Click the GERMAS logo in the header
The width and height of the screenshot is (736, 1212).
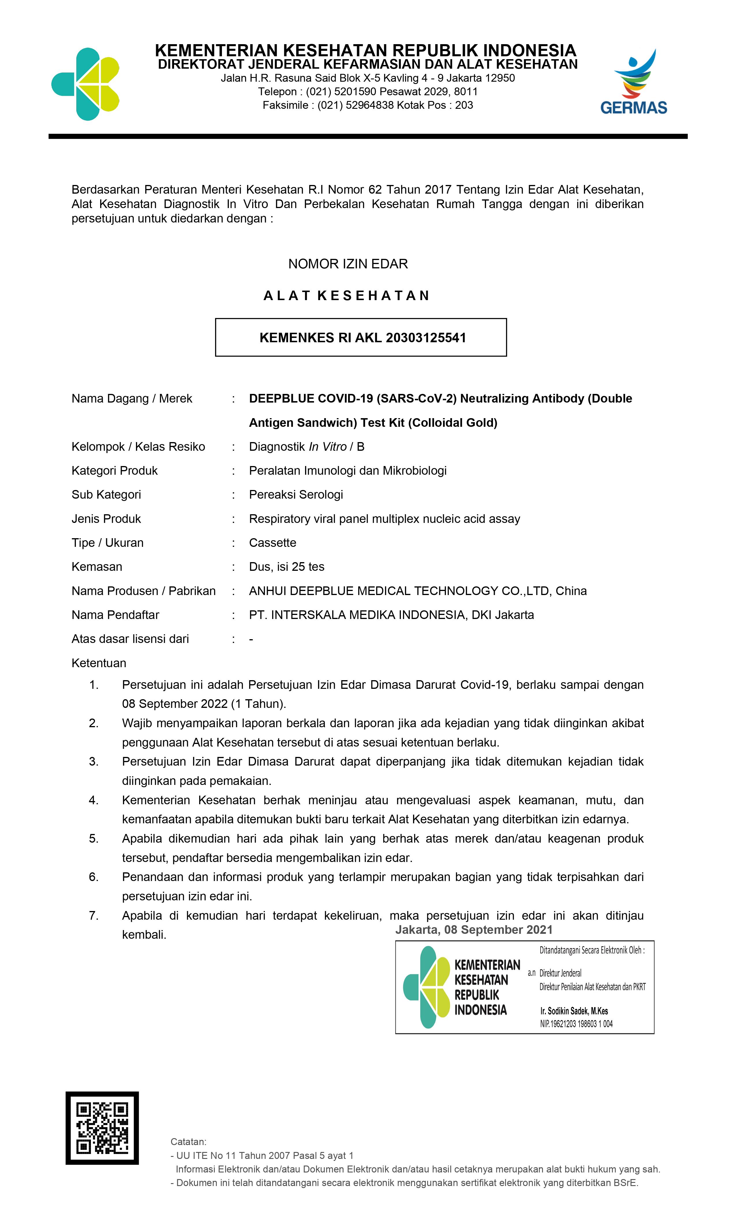[633, 83]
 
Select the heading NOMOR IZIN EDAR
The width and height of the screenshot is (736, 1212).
[348, 264]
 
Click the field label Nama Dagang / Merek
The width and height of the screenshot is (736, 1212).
[132, 399]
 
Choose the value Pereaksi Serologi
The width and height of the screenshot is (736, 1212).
[296, 495]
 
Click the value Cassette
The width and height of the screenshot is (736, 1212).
[272, 543]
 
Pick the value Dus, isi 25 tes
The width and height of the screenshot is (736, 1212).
[286, 567]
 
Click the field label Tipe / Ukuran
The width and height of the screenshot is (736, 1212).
[107, 543]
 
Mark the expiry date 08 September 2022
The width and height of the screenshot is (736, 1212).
[175, 704]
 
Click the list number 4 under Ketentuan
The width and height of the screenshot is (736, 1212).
[94, 800]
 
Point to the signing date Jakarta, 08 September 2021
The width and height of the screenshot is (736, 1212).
[474, 930]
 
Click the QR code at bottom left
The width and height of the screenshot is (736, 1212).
[102, 1128]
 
